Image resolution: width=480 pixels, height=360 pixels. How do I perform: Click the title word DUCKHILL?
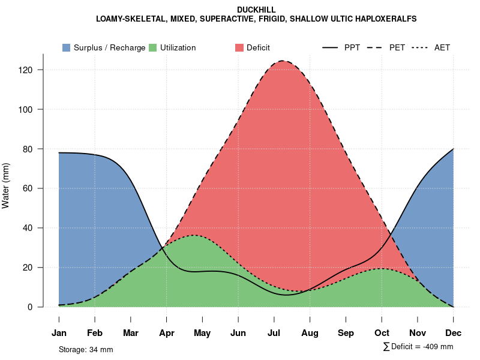coord(256,10)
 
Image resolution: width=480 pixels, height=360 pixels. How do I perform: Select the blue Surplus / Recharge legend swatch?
coord(67,47)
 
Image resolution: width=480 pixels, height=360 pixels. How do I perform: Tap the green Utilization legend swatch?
coord(153,47)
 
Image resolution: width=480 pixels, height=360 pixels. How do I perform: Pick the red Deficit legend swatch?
coord(239,47)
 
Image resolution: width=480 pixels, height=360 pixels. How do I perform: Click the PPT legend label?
coord(352,47)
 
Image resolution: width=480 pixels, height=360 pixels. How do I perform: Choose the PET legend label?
coord(397,47)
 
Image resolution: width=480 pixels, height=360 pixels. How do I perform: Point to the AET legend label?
coord(442,47)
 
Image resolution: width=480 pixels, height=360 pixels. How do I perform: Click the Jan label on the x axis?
coord(59,333)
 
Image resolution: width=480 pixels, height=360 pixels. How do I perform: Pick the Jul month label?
coord(274,333)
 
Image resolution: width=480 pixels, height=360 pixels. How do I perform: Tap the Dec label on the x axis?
coord(454,333)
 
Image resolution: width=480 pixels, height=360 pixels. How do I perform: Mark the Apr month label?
coord(167,333)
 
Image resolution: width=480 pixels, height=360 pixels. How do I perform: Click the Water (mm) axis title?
coord(6,186)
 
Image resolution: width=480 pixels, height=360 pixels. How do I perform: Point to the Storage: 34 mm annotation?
coord(86,349)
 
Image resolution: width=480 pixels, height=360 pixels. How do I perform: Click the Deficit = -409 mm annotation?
coord(421,347)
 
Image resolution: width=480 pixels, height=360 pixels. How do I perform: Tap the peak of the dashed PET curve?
coord(282,61)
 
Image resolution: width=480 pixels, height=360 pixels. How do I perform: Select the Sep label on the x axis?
coord(346,333)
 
